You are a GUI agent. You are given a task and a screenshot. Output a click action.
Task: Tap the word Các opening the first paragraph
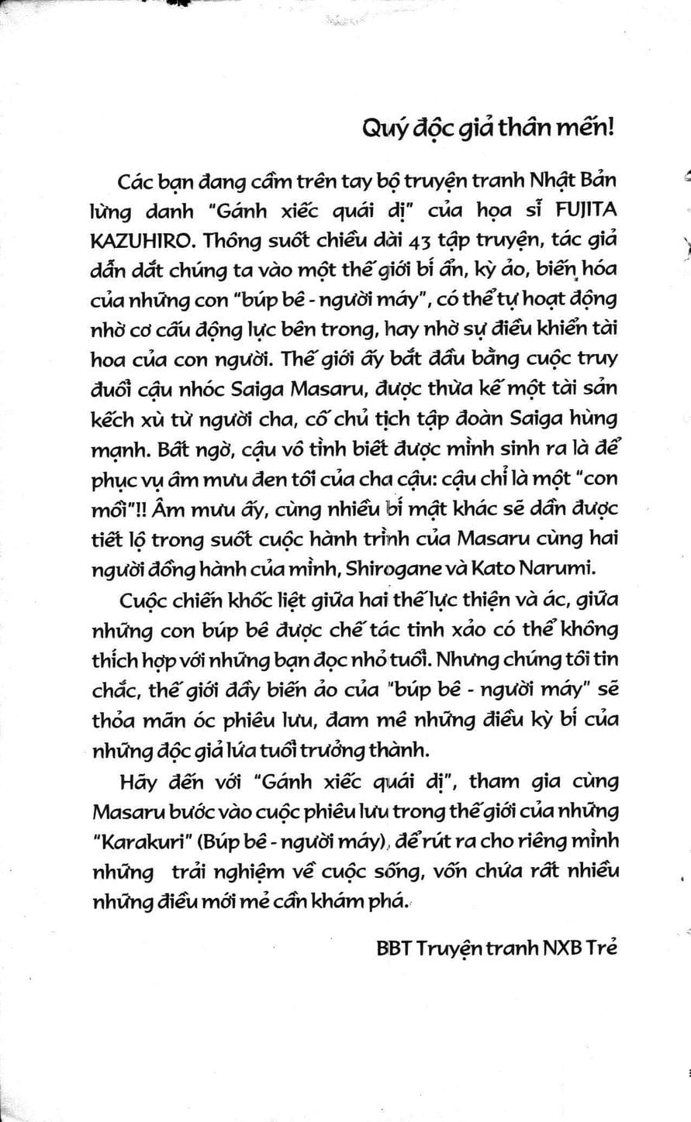click(137, 183)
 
